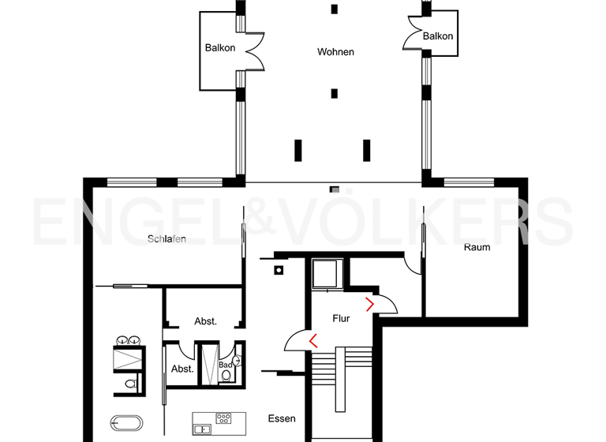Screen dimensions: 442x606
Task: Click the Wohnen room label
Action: point(335,52)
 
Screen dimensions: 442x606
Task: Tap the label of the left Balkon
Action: point(220,48)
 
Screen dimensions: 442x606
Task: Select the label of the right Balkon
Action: point(438,36)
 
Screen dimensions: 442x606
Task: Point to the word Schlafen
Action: point(166,239)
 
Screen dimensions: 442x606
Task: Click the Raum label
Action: point(477,247)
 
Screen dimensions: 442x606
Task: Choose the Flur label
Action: point(341,319)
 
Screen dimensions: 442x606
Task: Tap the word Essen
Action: point(282,418)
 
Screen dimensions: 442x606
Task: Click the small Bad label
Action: point(225,365)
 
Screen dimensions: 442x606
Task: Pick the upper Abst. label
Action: point(205,321)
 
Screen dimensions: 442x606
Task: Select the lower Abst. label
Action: point(182,369)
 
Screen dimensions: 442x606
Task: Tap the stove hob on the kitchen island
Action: point(223,418)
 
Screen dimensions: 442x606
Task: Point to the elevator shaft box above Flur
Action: point(324,274)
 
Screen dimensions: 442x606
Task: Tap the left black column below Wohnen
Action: point(298,149)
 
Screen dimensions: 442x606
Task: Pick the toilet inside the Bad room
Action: point(226,376)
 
